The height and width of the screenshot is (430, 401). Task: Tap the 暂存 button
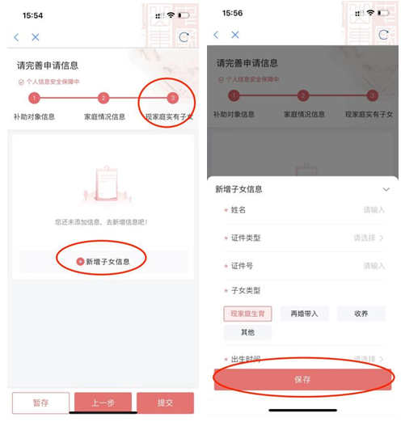40,403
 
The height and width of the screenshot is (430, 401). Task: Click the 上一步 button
103,403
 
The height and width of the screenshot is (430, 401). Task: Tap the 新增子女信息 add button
103,261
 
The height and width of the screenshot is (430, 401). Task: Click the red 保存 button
302,379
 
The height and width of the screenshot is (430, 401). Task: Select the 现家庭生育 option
247,314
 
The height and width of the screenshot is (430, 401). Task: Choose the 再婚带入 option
304,314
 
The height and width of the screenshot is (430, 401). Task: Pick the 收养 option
361,314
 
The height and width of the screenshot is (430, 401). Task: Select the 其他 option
247,332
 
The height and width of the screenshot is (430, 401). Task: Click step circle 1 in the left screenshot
34,99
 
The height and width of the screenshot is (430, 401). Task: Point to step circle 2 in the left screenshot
103,99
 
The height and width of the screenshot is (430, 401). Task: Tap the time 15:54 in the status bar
33,15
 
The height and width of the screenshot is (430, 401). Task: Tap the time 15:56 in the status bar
233,14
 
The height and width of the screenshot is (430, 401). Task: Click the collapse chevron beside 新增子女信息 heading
386,189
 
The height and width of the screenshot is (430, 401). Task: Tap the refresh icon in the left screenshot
184,37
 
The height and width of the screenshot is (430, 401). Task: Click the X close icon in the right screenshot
235,36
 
